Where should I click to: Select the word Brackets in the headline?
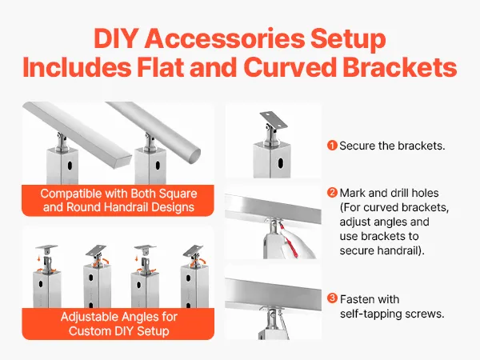[x=399, y=67]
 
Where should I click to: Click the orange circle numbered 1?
[x=332, y=146]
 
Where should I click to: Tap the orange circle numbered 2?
[x=332, y=193]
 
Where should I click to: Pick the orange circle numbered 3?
[x=332, y=298]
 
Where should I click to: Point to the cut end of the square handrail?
[x=122, y=161]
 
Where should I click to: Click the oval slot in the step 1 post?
[x=281, y=163]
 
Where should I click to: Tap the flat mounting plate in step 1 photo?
[x=274, y=120]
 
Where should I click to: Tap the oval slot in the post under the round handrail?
[x=158, y=166]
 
